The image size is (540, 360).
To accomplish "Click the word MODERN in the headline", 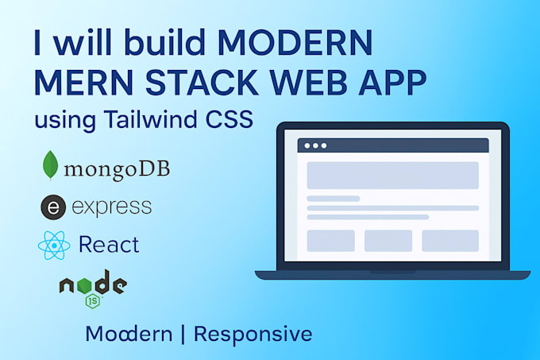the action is tap(295, 42).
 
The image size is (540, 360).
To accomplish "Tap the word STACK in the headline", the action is tap(202, 83).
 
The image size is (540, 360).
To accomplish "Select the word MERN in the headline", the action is tap(83, 83).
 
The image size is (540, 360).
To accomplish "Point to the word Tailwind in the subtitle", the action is tap(151, 119).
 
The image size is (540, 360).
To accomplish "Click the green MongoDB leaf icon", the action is tap(50, 165).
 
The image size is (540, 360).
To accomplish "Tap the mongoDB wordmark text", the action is tap(117, 170).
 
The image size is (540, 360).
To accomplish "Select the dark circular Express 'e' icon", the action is tap(53, 207).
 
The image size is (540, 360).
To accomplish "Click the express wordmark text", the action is tap(112, 207).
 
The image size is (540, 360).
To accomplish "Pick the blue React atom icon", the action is tap(54, 246).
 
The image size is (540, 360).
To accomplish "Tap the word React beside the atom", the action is tap(109, 245).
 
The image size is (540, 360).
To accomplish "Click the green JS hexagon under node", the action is tap(93, 300).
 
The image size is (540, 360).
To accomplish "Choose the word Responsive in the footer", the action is tap(253, 335).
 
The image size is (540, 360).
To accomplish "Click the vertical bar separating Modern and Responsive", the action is tap(183, 334).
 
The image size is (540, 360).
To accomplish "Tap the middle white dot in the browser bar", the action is tap(315, 145).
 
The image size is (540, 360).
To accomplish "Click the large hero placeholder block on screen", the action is tap(392, 176).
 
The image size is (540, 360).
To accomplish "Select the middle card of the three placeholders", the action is tap(388, 241).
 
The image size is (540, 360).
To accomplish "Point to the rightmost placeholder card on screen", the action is tap(450, 241).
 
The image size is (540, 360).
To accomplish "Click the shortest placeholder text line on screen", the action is tap(334, 199).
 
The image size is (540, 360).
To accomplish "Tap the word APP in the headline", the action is tap(392, 83).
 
